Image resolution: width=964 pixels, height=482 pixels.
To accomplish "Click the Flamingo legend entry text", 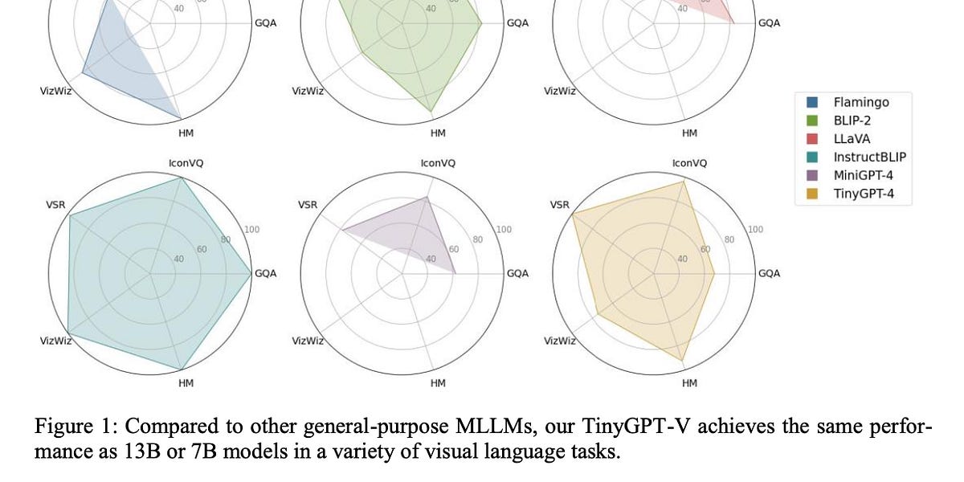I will (x=861, y=102).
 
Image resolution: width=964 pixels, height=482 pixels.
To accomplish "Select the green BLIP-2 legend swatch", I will (x=812, y=120).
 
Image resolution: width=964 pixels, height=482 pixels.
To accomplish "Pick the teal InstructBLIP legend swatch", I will (x=812, y=157).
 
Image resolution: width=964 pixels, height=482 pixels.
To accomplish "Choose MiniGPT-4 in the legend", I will (x=863, y=175).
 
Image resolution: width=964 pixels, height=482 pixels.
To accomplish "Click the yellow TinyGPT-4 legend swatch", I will (x=812, y=194).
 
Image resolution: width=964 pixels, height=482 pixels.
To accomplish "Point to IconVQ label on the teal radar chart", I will (x=186, y=163).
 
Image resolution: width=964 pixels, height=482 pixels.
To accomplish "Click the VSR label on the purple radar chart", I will (x=308, y=205).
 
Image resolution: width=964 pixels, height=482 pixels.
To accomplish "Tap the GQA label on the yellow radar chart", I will (x=769, y=273).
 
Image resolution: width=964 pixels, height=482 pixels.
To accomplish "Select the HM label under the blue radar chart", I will (x=186, y=133).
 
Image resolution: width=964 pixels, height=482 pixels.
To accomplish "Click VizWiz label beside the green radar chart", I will (x=308, y=91).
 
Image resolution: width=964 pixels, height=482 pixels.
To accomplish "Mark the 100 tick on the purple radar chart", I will (x=504, y=230).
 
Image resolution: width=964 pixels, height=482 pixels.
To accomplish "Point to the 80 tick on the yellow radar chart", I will (x=729, y=239).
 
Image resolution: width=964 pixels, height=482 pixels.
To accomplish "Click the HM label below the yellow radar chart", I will (x=689, y=383).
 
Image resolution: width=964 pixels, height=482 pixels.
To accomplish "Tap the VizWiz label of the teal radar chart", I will (x=56, y=341).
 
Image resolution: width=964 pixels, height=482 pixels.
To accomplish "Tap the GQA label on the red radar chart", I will (x=769, y=22).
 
